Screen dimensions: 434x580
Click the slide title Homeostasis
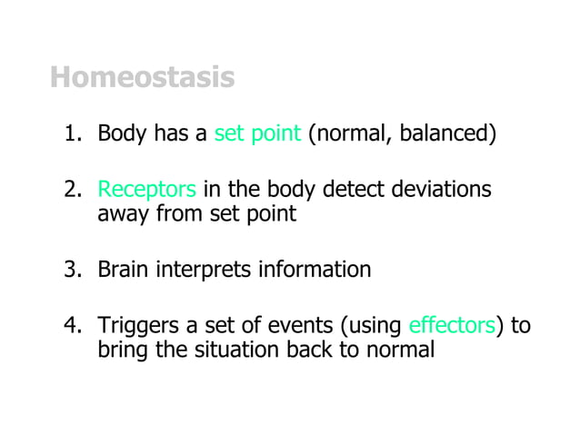point(142,78)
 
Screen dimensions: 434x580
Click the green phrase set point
point(257,136)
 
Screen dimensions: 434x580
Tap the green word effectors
point(452,325)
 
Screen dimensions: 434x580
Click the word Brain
point(122,270)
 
